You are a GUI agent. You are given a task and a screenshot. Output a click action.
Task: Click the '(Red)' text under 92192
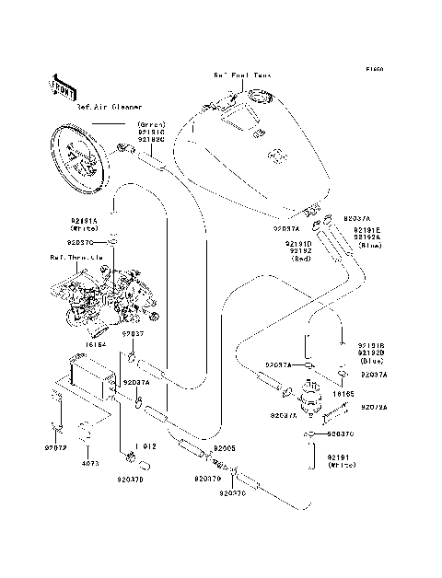(x=301, y=260)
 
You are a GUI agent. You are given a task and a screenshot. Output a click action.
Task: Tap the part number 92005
(x=226, y=448)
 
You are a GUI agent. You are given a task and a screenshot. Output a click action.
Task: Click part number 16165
(x=343, y=393)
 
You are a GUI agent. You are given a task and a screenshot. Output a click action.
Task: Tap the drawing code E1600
(x=373, y=70)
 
